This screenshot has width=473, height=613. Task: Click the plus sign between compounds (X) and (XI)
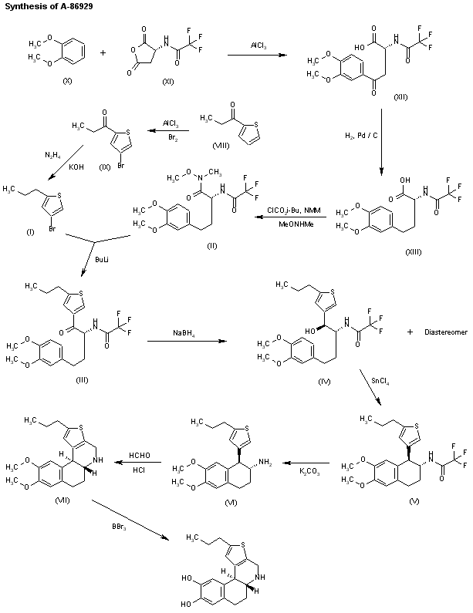[x=101, y=54]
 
